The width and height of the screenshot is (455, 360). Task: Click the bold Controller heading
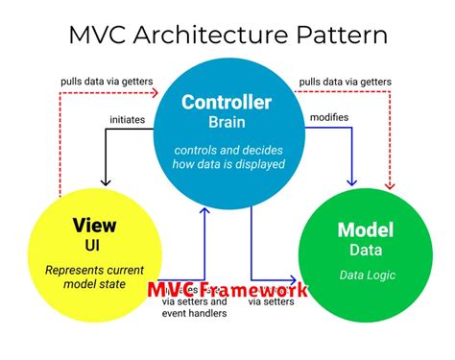pyautogui.click(x=227, y=103)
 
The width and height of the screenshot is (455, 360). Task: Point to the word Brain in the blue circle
pyautogui.click(x=227, y=122)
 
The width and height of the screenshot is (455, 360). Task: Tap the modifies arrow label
pyautogui.click(x=328, y=118)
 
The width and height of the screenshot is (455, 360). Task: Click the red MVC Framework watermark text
pyautogui.click(x=227, y=289)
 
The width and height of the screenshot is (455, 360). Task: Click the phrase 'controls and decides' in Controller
pyautogui.click(x=227, y=151)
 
